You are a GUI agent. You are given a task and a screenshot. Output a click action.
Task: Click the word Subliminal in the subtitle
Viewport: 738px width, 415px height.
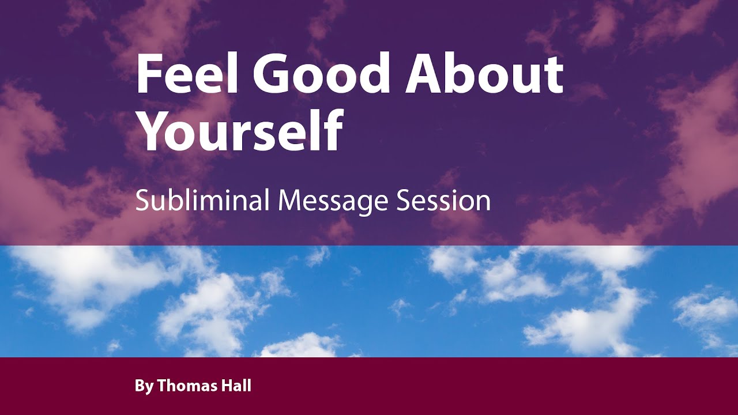(202, 201)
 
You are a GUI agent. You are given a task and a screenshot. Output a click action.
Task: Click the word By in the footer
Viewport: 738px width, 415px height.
(144, 386)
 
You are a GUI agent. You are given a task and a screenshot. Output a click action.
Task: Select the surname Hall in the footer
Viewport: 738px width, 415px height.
(236, 386)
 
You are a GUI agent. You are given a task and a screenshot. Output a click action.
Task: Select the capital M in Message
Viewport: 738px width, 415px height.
(291, 201)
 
